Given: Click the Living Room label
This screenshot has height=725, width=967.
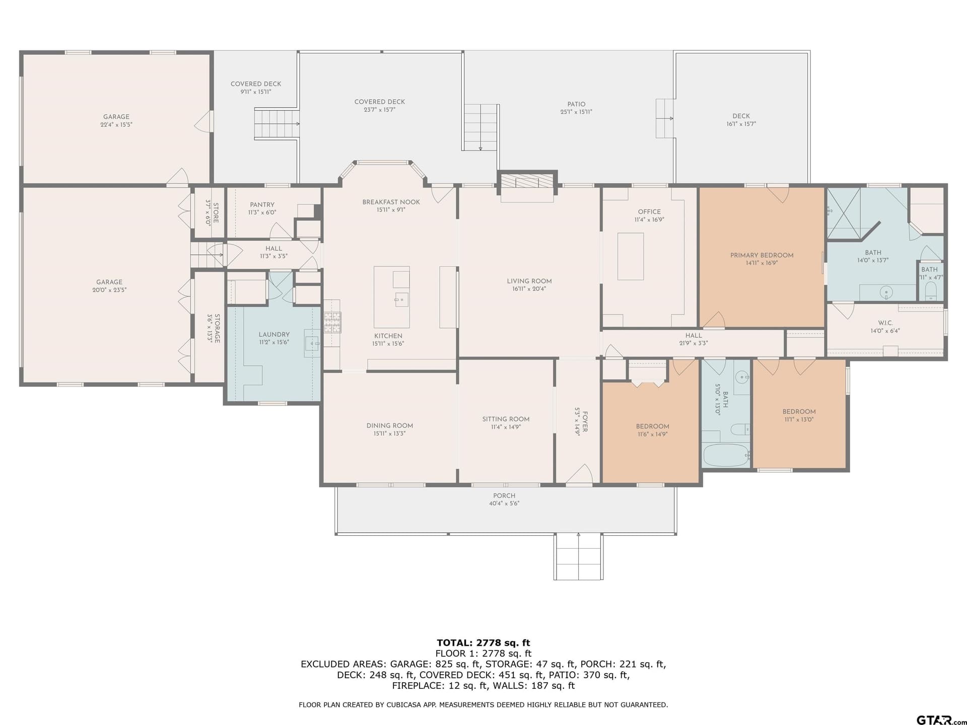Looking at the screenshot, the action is click(x=529, y=281).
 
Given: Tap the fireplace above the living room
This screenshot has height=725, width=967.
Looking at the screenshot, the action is click(x=527, y=182).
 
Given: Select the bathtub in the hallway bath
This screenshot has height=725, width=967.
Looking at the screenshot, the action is click(x=726, y=455).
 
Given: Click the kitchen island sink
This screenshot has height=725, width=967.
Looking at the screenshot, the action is click(x=401, y=300).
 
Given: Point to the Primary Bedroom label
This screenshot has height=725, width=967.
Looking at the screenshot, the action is click(x=762, y=255).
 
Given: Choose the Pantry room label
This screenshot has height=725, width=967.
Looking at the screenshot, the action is click(x=262, y=205).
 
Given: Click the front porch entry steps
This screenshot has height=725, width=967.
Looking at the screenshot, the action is click(x=579, y=556).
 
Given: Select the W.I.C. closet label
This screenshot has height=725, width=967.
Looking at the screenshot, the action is click(x=885, y=323).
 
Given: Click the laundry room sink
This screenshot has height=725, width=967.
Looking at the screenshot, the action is click(x=313, y=343).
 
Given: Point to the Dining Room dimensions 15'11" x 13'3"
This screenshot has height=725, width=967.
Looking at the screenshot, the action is click(x=389, y=433).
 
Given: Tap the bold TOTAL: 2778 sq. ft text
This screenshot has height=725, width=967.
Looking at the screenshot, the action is click(x=483, y=642).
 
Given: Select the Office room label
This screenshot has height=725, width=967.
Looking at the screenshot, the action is click(x=649, y=212).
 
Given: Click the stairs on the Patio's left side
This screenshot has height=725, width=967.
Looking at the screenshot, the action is click(x=481, y=127).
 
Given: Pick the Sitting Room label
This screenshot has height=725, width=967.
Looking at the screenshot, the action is click(x=506, y=419).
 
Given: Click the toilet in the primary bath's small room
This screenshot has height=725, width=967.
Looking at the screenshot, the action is click(x=931, y=291).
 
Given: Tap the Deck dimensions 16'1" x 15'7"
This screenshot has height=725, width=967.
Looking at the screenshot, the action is click(x=741, y=124).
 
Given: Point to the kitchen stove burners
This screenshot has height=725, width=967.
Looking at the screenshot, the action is click(x=331, y=322).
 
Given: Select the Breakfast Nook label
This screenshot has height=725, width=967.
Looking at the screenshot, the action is click(x=391, y=202).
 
